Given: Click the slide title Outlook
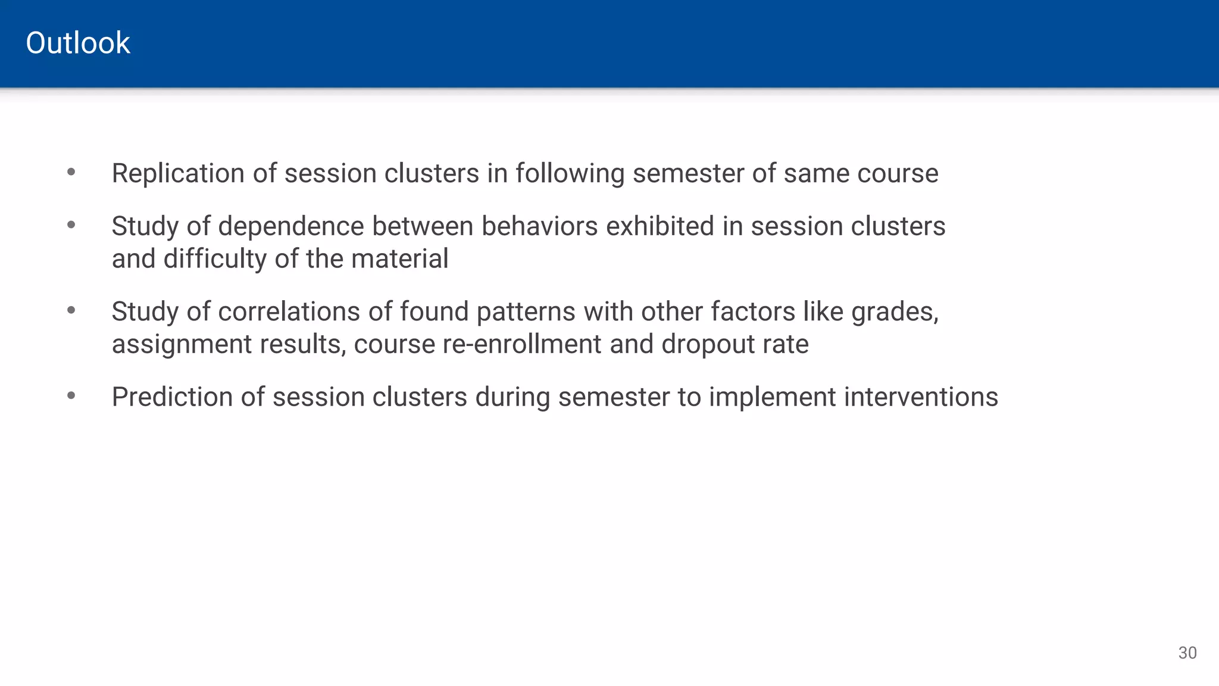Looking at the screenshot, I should pyautogui.click(x=78, y=43).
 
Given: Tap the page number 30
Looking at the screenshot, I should pyautogui.click(x=1187, y=653).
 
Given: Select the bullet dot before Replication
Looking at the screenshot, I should pyautogui.click(x=71, y=173).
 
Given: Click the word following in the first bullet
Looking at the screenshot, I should pyautogui.click(x=570, y=173).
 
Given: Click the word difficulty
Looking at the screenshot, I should pyautogui.click(x=215, y=259).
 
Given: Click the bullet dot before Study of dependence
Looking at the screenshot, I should pyautogui.click(x=71, y=225).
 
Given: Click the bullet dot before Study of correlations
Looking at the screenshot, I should pyautogui.click(x=71, y=310).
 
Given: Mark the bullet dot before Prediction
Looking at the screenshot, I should pyautogui.click(x=71, y=396).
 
